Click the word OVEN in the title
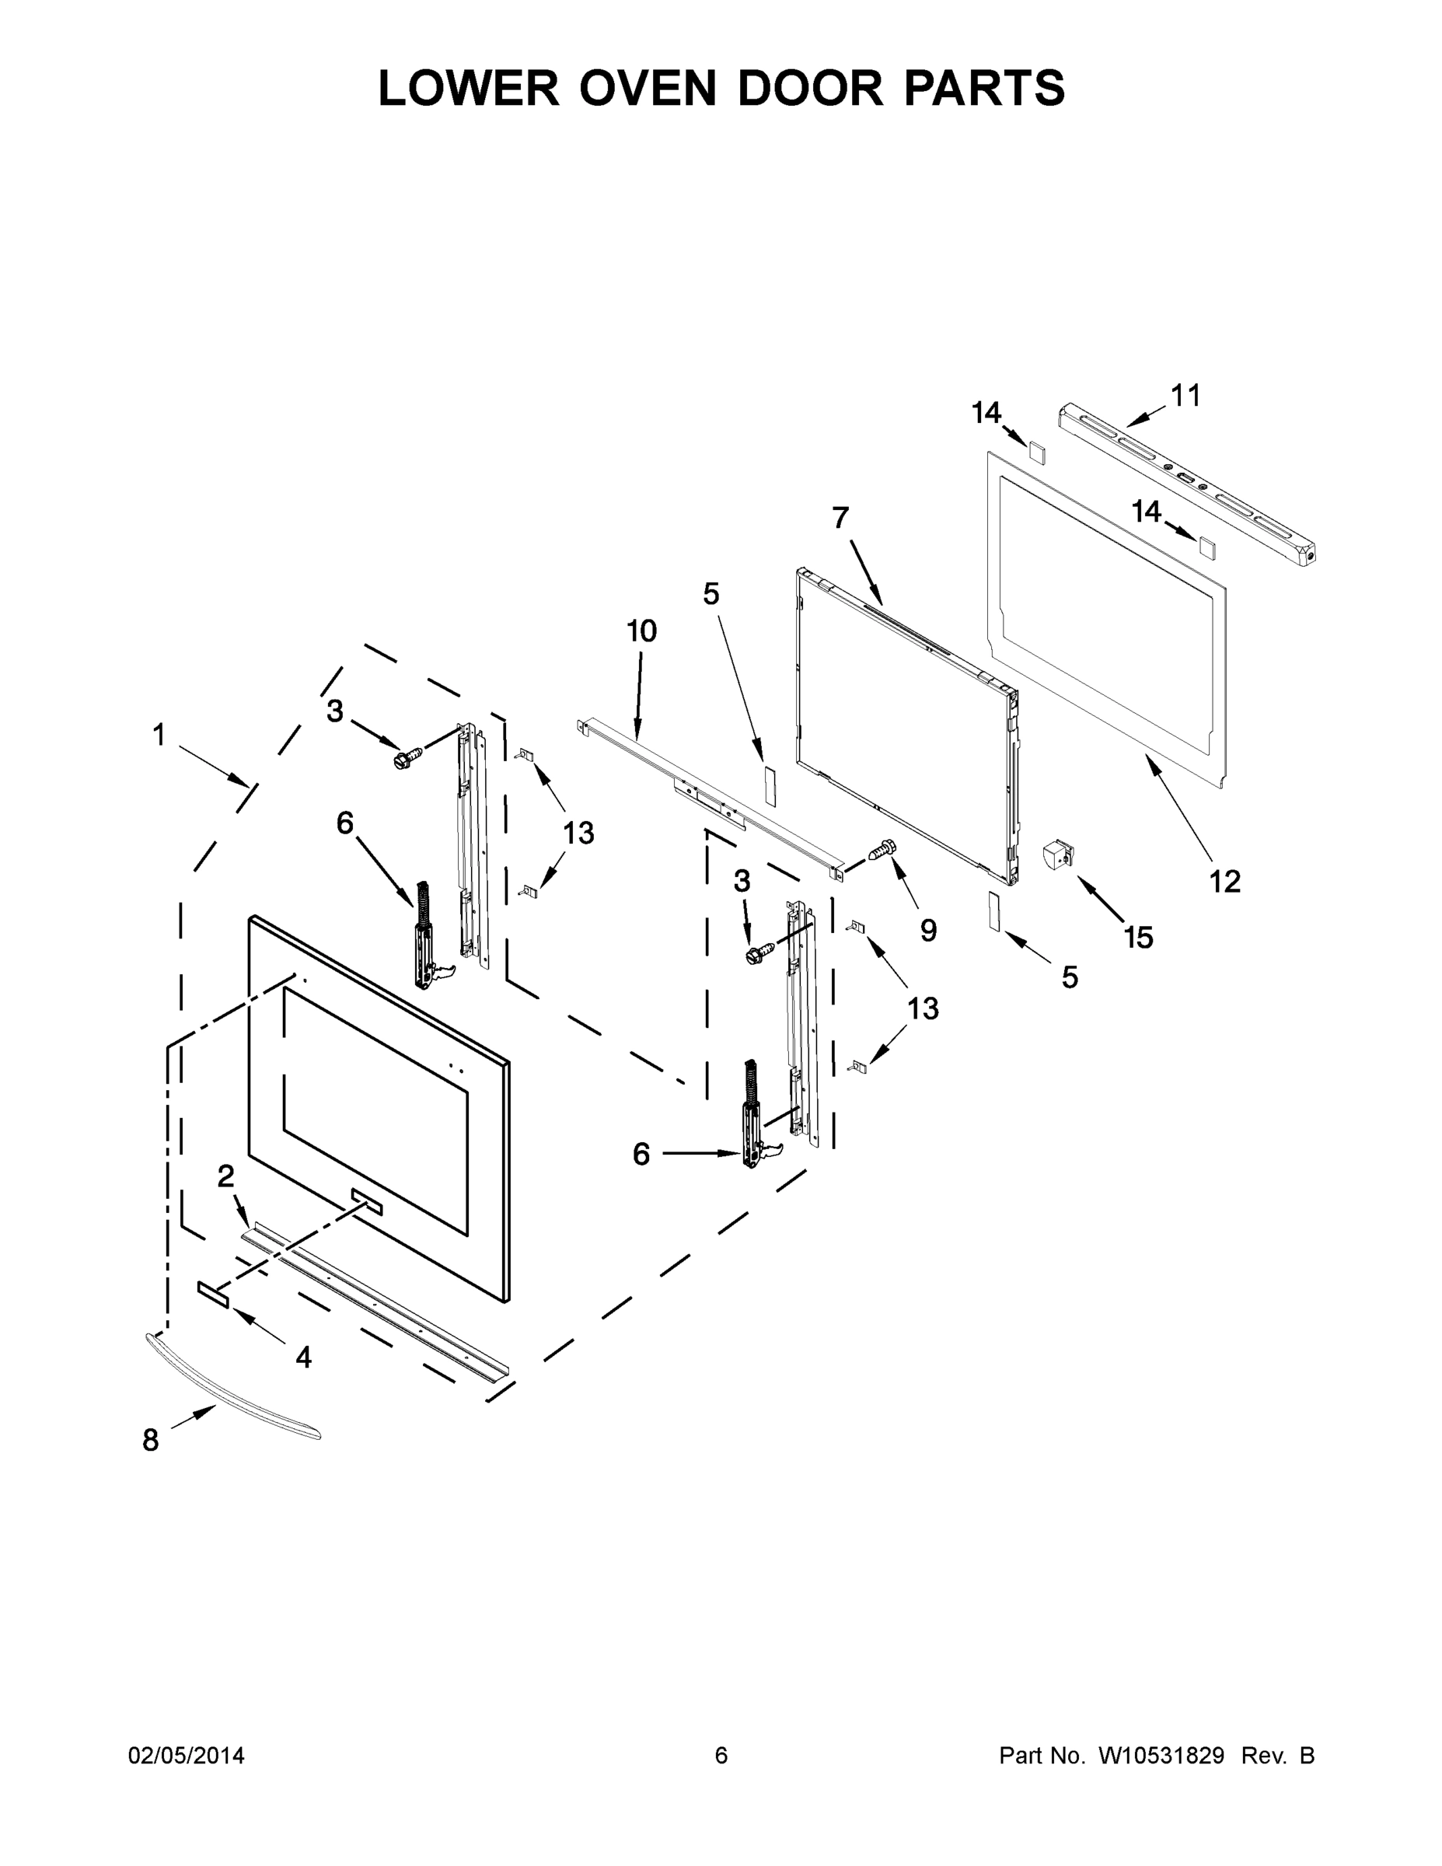point(648,88)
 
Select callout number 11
point(1185,396)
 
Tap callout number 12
point(1224,881)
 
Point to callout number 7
point(840,518)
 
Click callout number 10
point(641,631)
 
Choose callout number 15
point(1139,937)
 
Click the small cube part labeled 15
point(1057,855)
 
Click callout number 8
point(150,1441)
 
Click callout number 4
point(303,1357)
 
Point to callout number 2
point(225,1177)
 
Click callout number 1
point(159,735)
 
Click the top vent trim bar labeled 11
point(1188,485)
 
